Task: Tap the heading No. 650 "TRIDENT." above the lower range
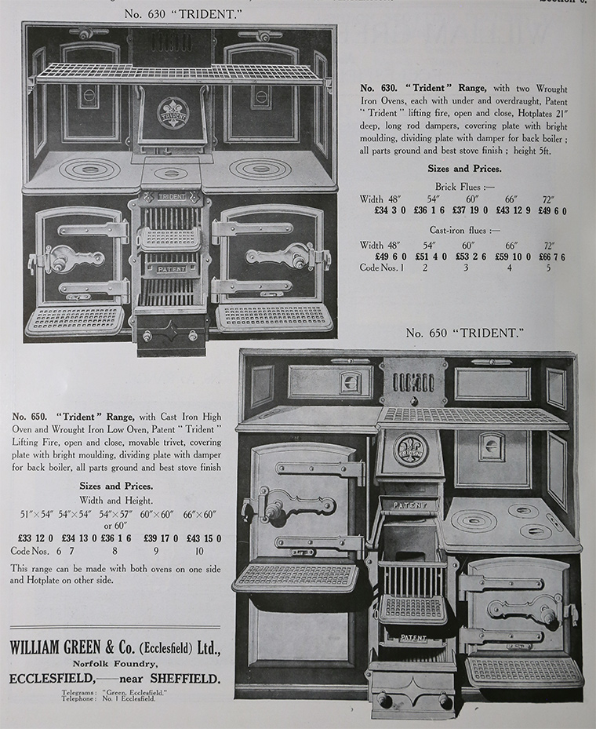(x=463, y=334)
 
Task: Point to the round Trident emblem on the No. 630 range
(x=173, y=113)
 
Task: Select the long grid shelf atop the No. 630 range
(x=180, y=74)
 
